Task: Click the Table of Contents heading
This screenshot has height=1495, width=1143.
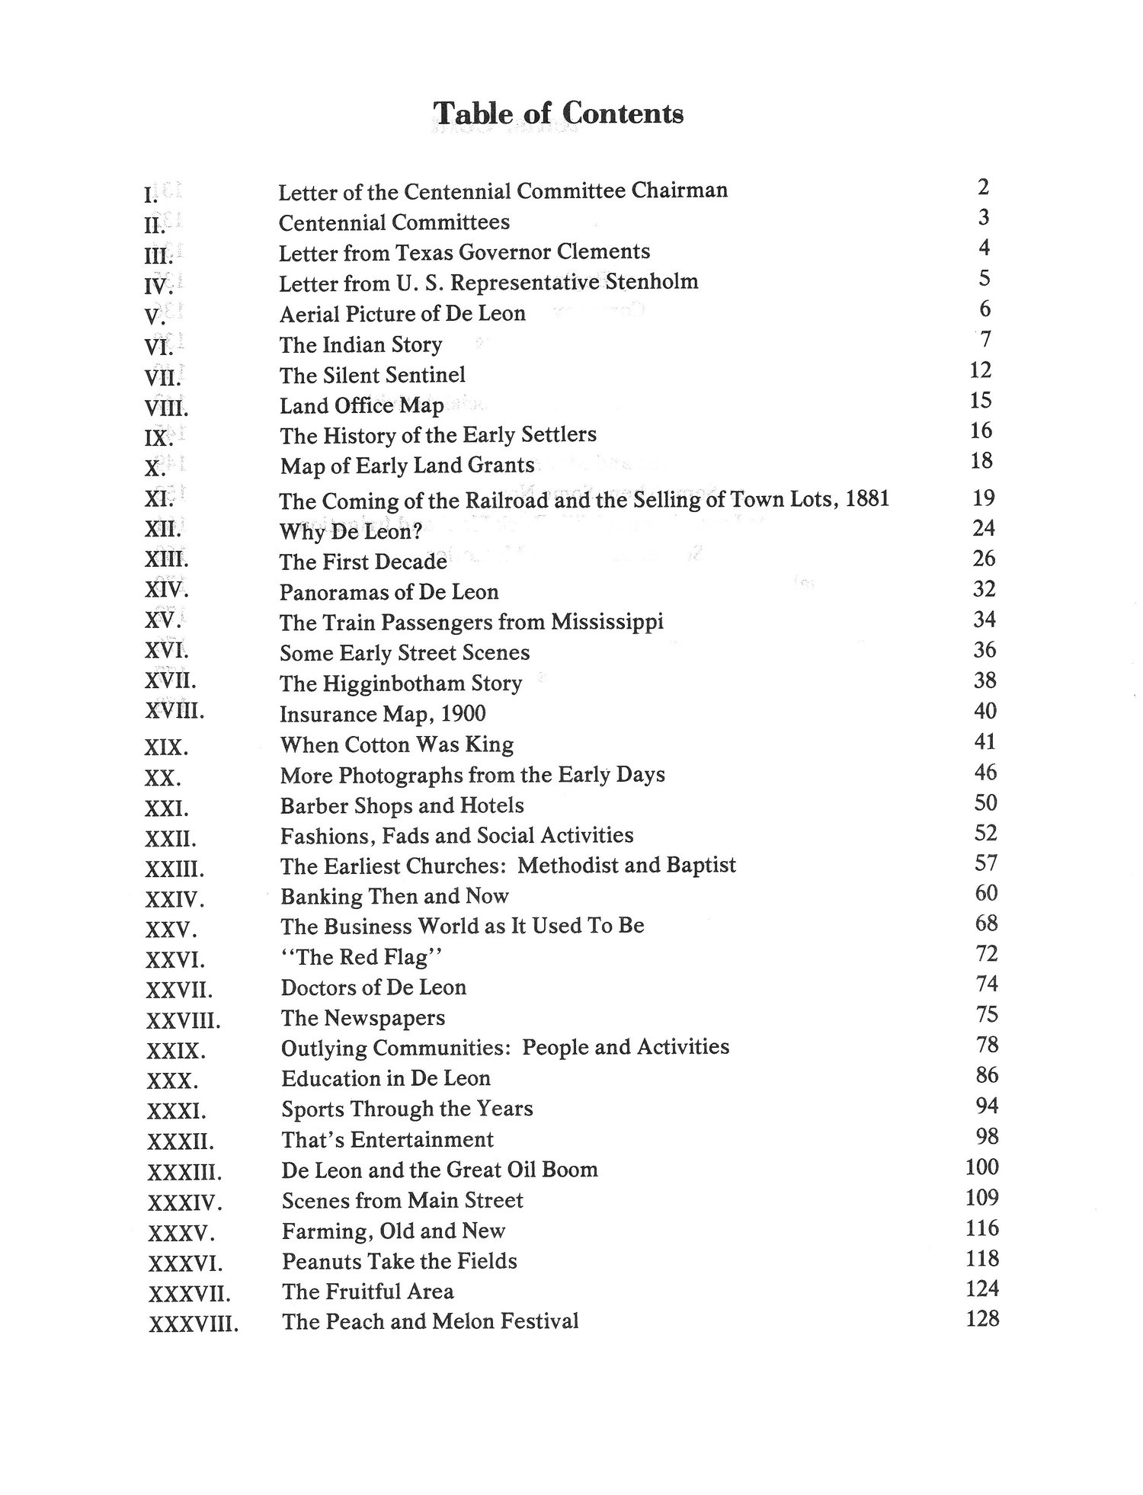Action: (558, 114)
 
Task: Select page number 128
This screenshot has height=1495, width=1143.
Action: (981, 1318)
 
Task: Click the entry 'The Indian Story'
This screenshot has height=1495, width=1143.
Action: (360, 344)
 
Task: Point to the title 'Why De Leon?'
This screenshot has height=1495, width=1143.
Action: (351, 532)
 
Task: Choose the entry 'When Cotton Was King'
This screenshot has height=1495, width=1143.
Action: (397, 744)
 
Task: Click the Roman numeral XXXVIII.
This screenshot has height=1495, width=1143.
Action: (194, 1324)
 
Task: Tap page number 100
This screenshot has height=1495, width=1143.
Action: (981, 1167)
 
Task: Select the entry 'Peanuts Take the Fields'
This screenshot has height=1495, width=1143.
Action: (399, 1261)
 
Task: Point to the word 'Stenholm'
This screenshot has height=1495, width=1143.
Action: (652, 282)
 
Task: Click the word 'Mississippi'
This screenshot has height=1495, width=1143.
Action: (607, 622)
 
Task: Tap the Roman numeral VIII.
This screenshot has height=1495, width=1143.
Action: (166, 408)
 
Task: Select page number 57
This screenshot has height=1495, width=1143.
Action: (986, 863)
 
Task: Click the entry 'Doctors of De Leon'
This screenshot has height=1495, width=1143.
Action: (373, 988)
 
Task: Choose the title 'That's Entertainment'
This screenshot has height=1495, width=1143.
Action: (387, 1140)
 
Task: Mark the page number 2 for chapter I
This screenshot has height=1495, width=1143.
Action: (983, 187)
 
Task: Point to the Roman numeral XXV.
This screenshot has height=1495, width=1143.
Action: (171, 930)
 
